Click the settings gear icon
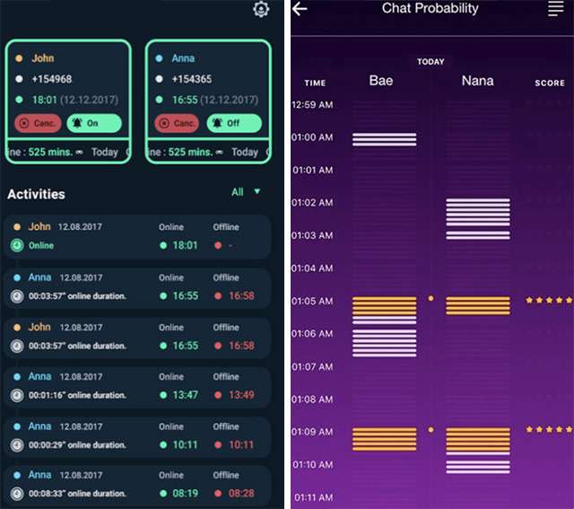click(x=261, y=9)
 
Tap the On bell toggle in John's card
click(x=94, y=123)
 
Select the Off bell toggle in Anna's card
click(x=234, y=123)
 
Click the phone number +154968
click(x=52, y=79)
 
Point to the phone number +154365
click(x=191, y=79)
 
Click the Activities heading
click(x=36, y=194)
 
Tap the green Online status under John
click(x=40, y=245)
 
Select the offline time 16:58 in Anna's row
click(x=240, y=295)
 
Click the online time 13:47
click(x=186, y=395)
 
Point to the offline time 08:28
click(x=240, y=493)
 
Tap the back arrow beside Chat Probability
click(x=300, y=9)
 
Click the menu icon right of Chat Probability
click(x=556, y=9)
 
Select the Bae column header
click(x=381, y=82)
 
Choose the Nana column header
click(x=477, y=82)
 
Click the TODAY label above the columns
click(x=430, y=62)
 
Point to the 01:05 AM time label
click(x=312, y=301)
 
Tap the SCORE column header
click(x=550, y=83)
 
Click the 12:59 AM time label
click(x=312, y=105)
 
